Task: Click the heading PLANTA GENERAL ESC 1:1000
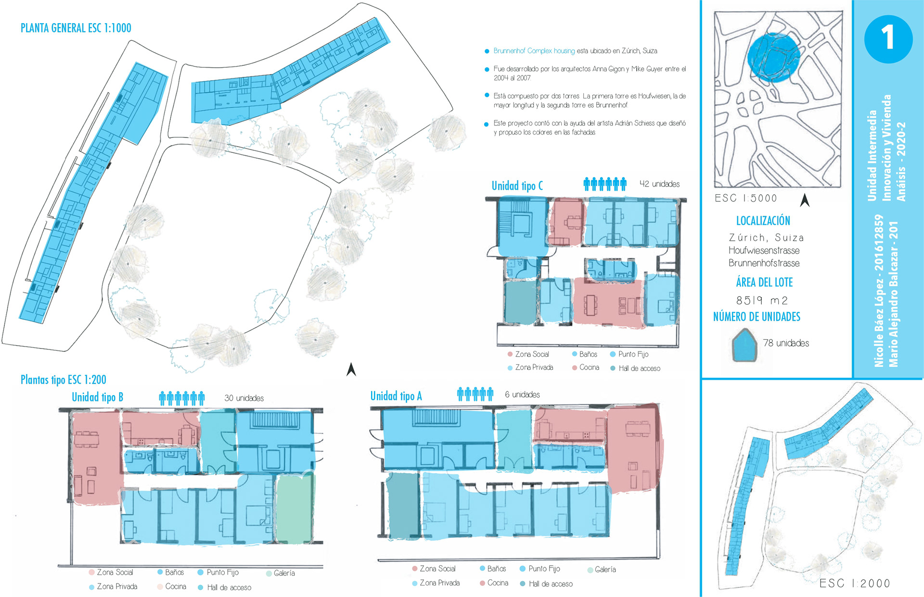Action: (x=76, y=28)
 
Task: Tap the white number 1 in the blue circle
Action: (x=887, y=38)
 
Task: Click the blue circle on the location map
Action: (x=773, y=56)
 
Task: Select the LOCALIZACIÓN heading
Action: (x=763, y=221)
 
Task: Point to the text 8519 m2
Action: (x=762, y=300)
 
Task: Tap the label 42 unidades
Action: (x=659, y=184)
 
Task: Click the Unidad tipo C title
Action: (x=517, y=186)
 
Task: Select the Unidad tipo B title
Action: (x=97, y=397)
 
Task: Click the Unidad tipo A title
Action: (x=396, y=396)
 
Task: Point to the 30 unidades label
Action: (x=244, y=398)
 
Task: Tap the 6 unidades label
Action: (x=522, y=395)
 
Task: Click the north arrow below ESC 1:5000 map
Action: (x=805, y=200)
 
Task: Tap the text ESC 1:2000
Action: (x=854, y=584)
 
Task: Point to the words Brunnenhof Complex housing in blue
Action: (x=534, y=51)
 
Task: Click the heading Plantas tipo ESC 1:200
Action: (x=63, y=380)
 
